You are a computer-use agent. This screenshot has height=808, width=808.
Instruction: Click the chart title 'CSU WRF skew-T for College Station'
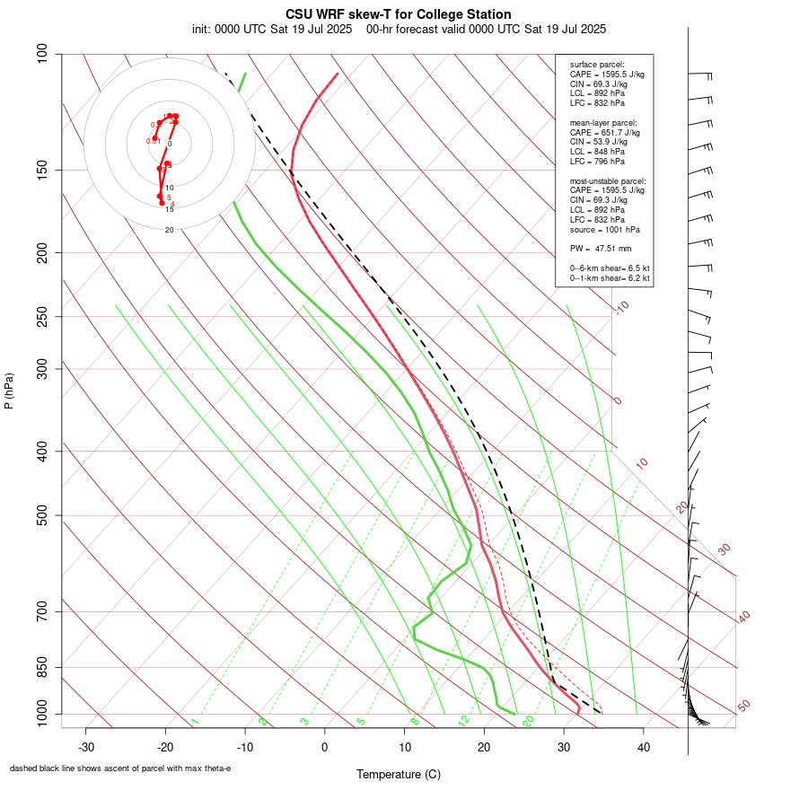point(399,14)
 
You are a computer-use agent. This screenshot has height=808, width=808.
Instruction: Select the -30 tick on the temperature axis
point(86,747)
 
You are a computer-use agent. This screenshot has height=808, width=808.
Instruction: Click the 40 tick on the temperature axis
point(644,747)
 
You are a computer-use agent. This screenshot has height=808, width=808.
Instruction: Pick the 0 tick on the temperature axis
point(325,747)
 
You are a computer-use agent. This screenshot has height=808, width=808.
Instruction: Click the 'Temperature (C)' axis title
point(399,774)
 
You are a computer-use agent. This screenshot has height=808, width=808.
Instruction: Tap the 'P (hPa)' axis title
point(9,391)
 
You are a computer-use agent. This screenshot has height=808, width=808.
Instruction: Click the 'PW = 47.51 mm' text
point(601,248)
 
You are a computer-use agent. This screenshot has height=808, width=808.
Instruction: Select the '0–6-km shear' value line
point(609,268)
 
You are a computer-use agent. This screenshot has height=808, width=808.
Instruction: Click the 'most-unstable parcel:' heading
point(608,180)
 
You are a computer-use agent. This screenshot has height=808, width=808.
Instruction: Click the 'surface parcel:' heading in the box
point(597,65)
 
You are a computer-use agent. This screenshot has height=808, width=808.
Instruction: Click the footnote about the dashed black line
point(120,768)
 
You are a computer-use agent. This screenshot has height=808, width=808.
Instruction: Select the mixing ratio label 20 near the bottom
point(529,720)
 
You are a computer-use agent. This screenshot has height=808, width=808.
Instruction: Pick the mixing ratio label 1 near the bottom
point(195,721)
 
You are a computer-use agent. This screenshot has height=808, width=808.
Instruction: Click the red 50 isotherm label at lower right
point(743,707)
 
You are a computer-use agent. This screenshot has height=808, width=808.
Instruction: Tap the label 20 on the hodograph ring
point(169,230)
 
